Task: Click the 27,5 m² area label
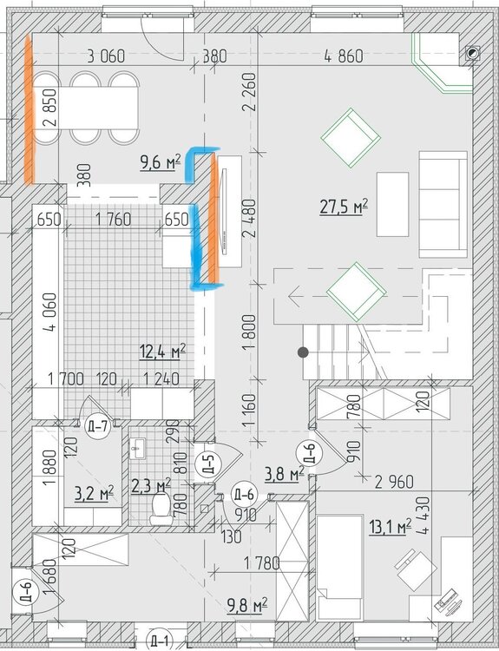point(344,207)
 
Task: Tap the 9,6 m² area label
point(161,161)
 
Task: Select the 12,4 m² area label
point(163,352)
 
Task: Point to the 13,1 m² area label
point(390,527)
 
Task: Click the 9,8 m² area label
point(246,605)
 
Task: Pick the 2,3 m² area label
point(151,486)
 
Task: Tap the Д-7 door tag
point(98,425)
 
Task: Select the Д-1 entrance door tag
point(160,640)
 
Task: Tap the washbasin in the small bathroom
point(136,449)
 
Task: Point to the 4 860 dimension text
point(344,56)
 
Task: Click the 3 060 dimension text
point(106,56)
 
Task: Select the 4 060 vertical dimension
point(50,312)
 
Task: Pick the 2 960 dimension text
point(394,482)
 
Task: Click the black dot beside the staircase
point(303,352)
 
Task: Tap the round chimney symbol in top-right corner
point(471,53)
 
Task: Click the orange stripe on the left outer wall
point(29,109)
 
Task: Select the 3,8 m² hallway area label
point(285,474)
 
